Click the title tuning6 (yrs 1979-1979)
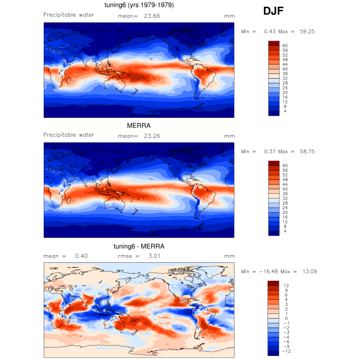(139, 6)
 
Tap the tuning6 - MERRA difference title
(138, 246)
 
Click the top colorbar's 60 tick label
(284, 45)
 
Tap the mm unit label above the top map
(229, 16)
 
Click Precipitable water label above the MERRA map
(68, 135)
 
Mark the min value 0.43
(269, 31)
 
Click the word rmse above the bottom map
(125, 256)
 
